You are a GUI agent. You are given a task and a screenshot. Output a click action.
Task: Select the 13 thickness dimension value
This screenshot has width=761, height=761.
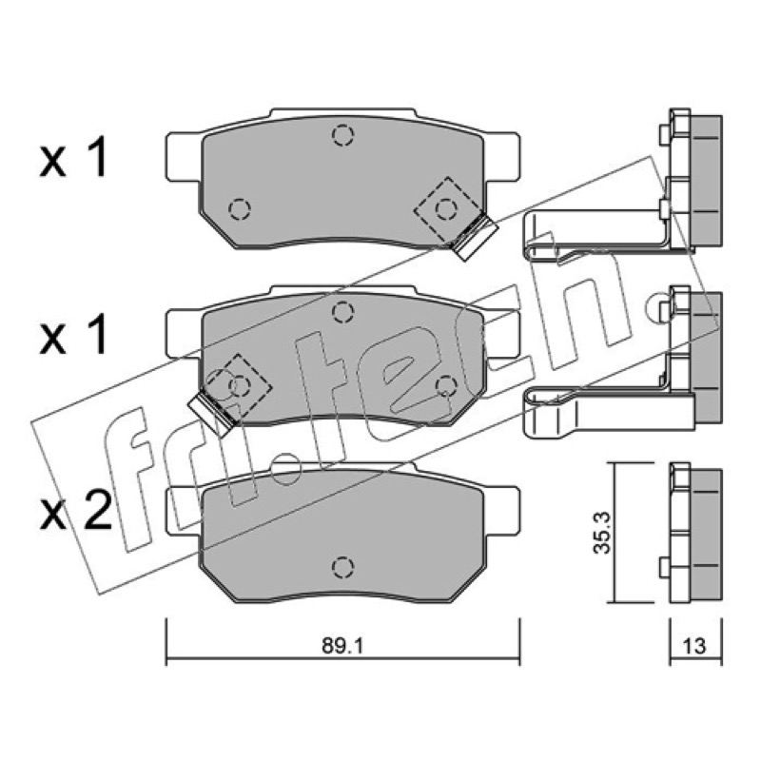pos(694,646)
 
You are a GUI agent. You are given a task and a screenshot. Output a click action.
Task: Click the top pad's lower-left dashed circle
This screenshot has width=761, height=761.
pos(240,209)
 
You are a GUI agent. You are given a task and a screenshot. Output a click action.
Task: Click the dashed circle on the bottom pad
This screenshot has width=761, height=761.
pos(342,566)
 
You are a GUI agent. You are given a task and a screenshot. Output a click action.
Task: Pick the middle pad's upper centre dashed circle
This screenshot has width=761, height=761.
pos(342,311)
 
